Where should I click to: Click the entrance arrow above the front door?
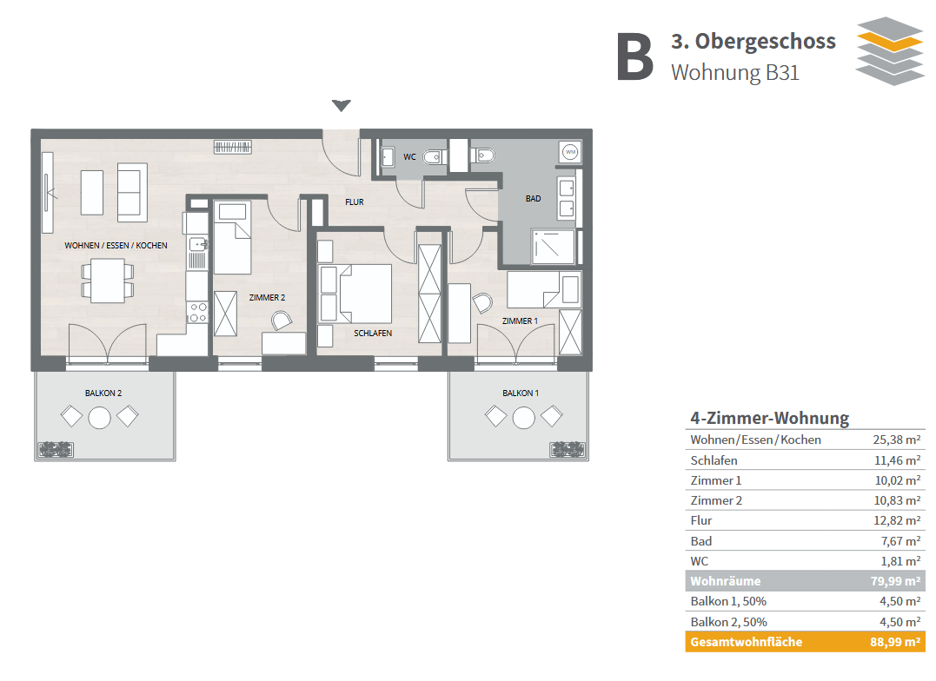[x=341, y=105]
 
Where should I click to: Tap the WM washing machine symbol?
[x=570, y=152]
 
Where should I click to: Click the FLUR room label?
[x=354, y=202]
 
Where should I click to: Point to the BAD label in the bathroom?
[x=533, y=198]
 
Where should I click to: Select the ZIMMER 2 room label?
[x=267, y=297]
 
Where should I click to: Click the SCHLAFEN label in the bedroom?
[x=373, y=333]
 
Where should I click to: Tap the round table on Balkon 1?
[x=523, y=417]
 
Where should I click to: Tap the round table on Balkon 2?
[x=99, y=417]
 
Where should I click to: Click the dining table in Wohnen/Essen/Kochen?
[x=108, y=281]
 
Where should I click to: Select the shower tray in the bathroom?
[x=553, y=247]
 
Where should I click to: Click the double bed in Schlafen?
[x=365, y=294]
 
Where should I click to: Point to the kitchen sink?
[x=198, y=244]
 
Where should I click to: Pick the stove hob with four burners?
[x=198, y=313]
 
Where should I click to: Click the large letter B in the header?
[x=634, y=56]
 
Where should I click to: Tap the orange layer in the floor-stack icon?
[x=889, y=40]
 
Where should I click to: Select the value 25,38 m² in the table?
[x=896, y=440]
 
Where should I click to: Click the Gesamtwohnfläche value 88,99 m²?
[x=895, y=642]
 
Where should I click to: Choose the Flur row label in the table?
[x=700, y=520]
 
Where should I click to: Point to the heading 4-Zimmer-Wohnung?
[x=769, y=418]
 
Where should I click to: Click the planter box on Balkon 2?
[x=56, y=449]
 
